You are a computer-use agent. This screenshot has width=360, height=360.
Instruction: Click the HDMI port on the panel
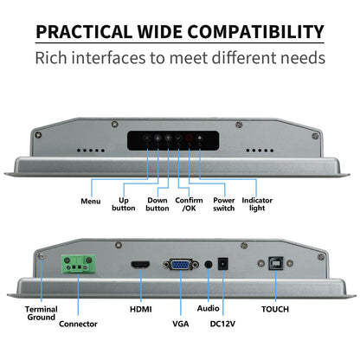(141, 264)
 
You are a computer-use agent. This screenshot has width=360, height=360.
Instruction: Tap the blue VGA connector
(181, 264)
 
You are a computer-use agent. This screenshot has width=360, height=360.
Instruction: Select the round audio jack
(209, 265)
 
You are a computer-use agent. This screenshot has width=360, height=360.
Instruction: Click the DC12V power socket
(223, 264)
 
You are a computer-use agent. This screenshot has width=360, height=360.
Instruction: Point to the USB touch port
(276, 263)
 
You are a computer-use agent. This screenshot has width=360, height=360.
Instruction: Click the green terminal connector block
(78, 265)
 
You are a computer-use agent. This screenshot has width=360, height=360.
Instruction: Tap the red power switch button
(189, 138)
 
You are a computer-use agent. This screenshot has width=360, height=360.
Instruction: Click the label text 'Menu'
(91, 201)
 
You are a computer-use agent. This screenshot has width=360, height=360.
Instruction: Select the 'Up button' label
(124, 204)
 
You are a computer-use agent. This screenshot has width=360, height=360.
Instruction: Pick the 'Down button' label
(157, 204)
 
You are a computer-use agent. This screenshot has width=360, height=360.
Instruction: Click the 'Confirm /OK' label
(189, 204)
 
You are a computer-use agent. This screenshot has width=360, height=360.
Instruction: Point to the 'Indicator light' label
(257, 204)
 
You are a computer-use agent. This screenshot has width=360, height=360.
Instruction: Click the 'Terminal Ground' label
(42, 313)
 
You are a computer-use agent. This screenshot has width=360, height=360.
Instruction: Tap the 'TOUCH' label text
(275, 309)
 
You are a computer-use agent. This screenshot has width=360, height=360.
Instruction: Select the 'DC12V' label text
(222, 324)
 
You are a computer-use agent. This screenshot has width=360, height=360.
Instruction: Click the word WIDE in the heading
(159, 32)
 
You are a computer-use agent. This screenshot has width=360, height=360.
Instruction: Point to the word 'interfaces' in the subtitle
(109, 58)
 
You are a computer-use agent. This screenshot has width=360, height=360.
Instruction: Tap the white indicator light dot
(200, 138)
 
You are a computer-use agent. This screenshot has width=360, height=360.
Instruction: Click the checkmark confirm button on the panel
(178, 138)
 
